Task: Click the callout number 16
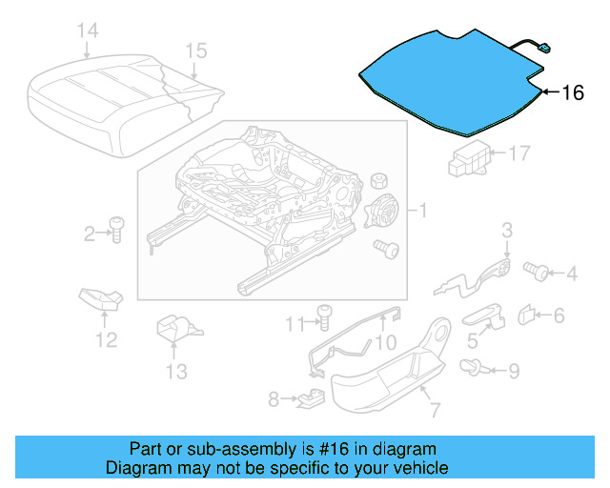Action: [x=572, y=92]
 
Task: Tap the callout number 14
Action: [x=87, y=32]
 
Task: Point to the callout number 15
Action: [x=195, y=51]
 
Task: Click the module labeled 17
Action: [x=468, y=155]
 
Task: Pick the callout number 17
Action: [x=518, y=152]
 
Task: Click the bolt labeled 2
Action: [x=116, y=229]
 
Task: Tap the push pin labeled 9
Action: [x=471, y=366]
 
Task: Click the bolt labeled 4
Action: [x=537, y=273]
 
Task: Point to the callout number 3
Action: [x=507, y=229]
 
